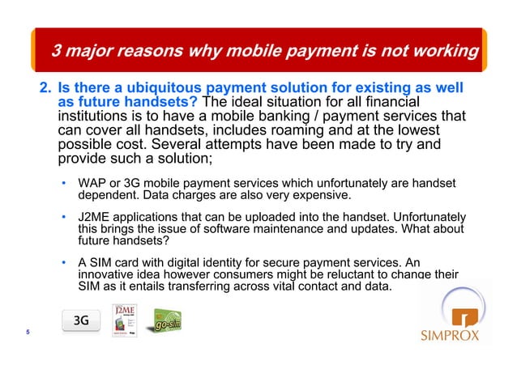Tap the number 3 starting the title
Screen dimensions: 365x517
[57, 52]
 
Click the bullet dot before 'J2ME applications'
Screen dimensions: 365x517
[63, 219]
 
